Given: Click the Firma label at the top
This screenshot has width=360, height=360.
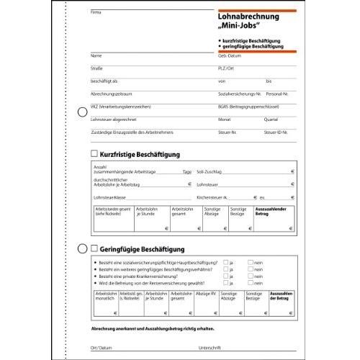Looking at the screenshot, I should tap(96, 13).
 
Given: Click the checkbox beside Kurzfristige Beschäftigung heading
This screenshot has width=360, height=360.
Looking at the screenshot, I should tap(94, 154).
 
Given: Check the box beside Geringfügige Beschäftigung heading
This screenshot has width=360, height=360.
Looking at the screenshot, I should tap(94, 248).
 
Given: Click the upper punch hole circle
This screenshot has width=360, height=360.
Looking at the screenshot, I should tap(81, 112).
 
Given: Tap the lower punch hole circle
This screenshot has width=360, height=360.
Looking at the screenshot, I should tap(81, 248).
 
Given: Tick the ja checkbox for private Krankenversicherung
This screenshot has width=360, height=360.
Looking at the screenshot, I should tap(226, 276).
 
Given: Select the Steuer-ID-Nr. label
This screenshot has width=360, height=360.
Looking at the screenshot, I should tap(276, 133).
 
